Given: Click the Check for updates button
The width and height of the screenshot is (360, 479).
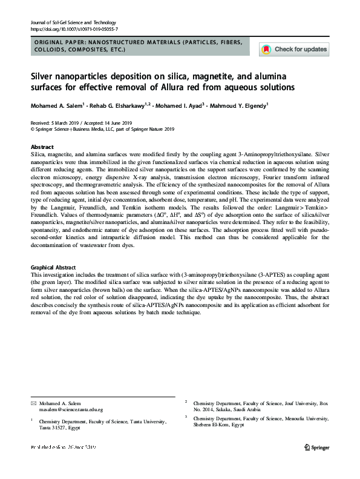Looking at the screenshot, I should coord(294,49).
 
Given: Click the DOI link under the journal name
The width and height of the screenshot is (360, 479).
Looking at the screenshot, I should coord(74,28).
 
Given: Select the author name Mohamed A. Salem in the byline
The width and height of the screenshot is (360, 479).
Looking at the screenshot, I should coord(56,106).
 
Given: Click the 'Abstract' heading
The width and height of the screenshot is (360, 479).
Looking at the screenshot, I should coord(42,147).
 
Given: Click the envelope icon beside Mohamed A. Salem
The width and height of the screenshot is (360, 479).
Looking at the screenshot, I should coord(33,403).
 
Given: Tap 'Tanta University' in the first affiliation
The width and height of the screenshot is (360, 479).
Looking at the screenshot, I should coord(145,420).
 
